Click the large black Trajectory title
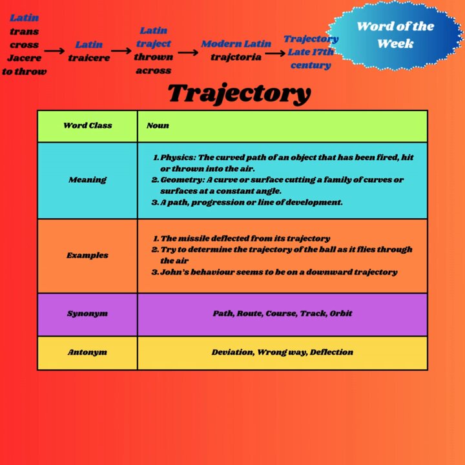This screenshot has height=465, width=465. click(240, 94)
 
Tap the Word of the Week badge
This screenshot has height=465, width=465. click(396, 35)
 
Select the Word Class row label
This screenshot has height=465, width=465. click(88, 125)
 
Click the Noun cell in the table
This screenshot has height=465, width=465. click(158, 125)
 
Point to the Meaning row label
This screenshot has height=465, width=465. click(87, 180)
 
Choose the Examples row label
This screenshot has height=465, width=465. click(87, 255)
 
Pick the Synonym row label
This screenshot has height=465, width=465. click(87, 314)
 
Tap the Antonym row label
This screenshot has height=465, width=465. click(87, 353)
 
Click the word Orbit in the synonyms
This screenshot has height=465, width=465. click(341, 313)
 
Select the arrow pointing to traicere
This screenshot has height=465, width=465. click(54, 51)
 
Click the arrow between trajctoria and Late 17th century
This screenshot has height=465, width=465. click(275, 54)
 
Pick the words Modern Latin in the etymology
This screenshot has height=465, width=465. click(236, 44)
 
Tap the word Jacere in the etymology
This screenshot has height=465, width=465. click(25, 58)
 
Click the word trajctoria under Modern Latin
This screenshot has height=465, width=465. click(236, 57)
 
